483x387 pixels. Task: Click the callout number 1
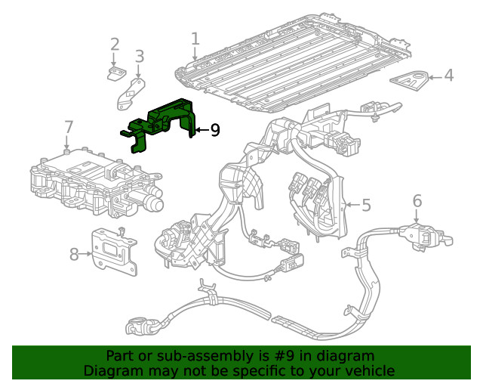[195, 39]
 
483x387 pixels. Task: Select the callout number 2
[115, 45]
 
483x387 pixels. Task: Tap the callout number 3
[139, 56]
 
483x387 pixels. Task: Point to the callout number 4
[448, 76]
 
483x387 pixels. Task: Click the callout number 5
[366, 205]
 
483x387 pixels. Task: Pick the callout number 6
[417, 200]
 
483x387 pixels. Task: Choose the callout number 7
[69, 126]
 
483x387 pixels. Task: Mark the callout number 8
[74, 254]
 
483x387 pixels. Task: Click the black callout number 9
[215, 131]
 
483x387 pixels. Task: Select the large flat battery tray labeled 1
[294, 68]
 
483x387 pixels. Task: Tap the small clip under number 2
[115, 73]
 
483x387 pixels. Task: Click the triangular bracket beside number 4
[410, 79]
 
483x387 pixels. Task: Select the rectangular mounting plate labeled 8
[114, 249]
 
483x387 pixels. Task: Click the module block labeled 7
[91, 185]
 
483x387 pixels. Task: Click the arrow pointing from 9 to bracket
[200, 131]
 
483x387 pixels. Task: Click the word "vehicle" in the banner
[369, 370]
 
